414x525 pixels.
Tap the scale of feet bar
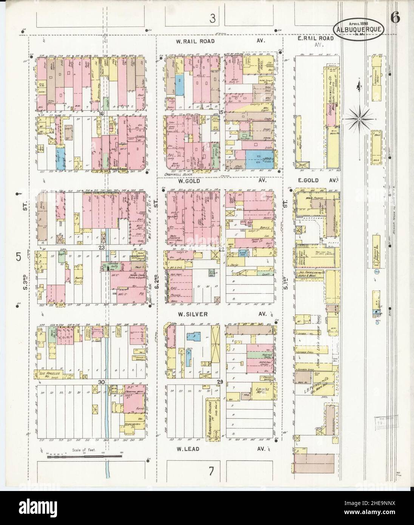pos(85,457)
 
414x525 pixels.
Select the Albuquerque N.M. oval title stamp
pos(359,28)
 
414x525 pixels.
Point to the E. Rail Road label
pos(315,39)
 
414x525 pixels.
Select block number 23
pos(101,248)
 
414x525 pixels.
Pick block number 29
pos(220,382)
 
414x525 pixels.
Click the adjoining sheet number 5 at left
pos(18,256)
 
